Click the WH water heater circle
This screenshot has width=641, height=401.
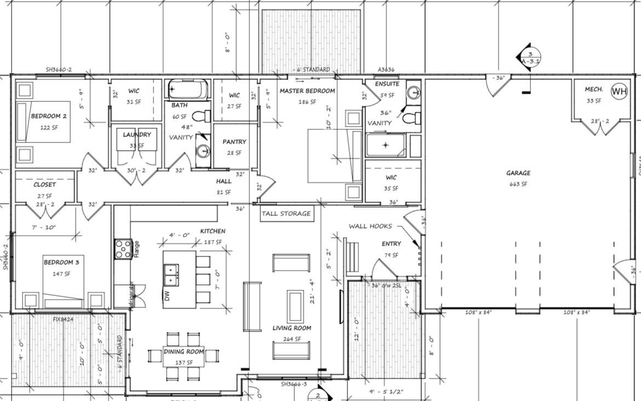tap(619, 91)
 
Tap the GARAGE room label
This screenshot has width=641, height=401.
tap(518, 173)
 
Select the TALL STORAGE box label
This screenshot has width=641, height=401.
tap(286, 214)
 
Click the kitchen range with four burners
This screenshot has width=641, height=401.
tap(123, 249)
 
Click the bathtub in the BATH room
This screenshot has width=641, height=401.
tap(187, 89)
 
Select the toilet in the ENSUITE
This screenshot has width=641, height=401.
tap(410, 117)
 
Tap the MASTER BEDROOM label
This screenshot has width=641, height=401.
tap(307, 90)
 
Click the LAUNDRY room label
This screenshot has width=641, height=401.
tap(136, 134)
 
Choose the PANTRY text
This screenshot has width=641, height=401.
tap(234, 141)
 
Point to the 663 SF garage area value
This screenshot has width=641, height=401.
tap(518, 184)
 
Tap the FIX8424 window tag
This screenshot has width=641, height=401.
tap(64, 319)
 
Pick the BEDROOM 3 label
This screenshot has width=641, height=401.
tap(61, 262)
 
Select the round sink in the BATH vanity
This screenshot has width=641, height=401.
tap(202, 151)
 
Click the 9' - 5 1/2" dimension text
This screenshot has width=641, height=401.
tap(387, 392)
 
